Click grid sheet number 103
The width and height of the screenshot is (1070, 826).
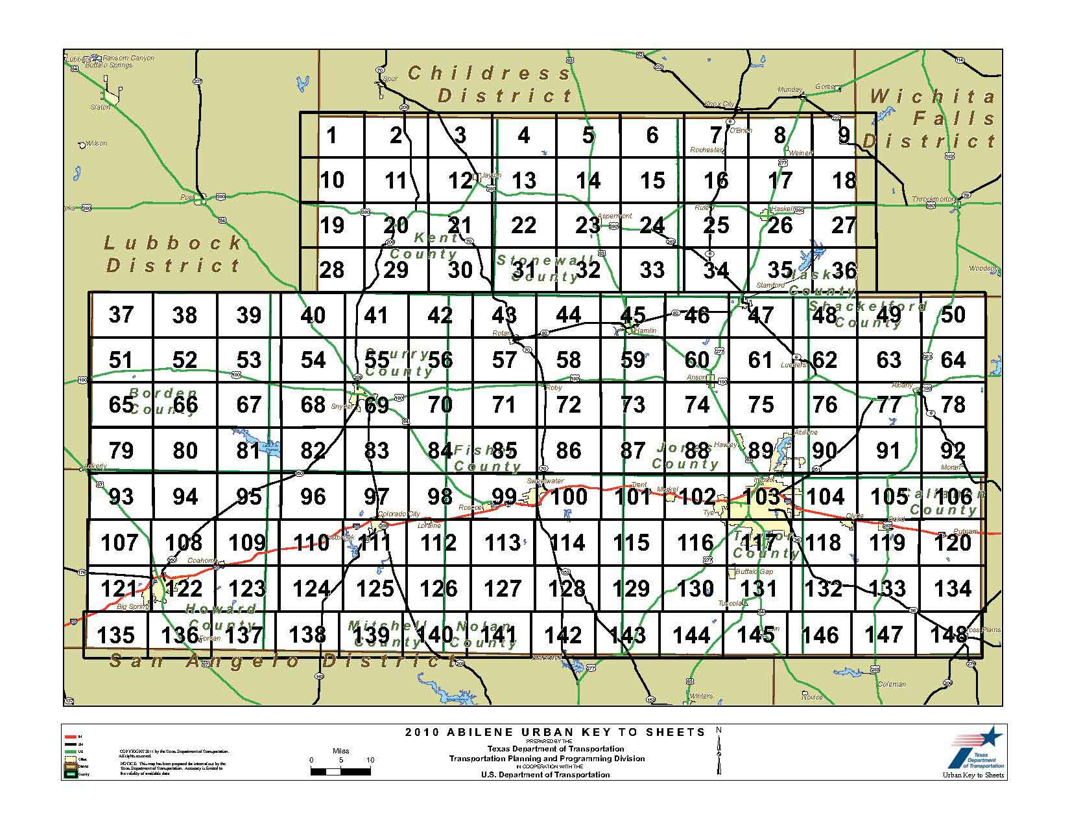(761, 496)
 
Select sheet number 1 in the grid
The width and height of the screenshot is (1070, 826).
(332, 135)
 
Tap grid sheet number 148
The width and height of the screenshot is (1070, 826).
(949, 634)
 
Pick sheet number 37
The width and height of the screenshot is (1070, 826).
(121, 315)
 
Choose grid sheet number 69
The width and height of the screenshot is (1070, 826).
(377, 405)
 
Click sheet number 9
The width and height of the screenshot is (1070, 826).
(844, 135)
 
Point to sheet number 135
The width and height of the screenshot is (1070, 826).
(115, 635)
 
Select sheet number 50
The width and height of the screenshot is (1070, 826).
(953, 315)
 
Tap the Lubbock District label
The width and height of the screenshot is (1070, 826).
(173, 254)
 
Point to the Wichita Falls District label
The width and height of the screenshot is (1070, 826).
(931, 119)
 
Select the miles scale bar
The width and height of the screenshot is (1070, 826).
(340, 771)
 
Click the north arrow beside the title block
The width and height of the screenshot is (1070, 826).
(719, 751)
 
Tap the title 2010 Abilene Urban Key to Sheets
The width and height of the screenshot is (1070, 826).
(554, 733)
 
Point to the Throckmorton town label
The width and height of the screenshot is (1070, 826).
(933, 199)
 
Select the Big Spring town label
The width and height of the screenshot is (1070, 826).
(132, 607)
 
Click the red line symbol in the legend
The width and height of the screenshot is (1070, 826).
(71, 737)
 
